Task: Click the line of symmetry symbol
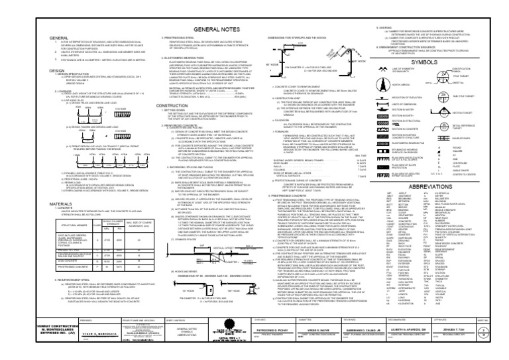(400, 72)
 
